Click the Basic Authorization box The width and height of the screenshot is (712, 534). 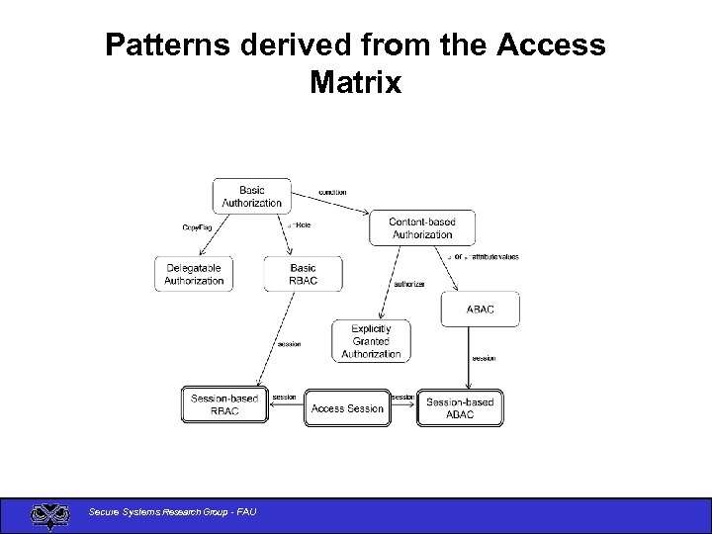(x=251, y=196)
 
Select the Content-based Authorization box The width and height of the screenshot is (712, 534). (x=422, y=228)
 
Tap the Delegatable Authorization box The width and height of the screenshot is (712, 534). (x=194, y=274)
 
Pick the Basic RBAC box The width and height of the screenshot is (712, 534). (x=304, y=274)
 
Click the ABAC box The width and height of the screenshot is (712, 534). (x=481, y=310)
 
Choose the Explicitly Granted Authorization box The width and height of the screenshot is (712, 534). (x=371, y=341)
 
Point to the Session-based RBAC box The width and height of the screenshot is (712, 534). (x=224, y=404)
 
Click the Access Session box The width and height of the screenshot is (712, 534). (x=347, y=407)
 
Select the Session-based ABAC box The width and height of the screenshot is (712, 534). (x=460, y=407)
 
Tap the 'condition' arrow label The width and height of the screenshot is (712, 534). (x=332, y=192)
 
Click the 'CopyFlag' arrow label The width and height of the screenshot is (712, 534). (x=197, y=226)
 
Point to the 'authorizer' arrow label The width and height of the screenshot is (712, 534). (x=409, y=284)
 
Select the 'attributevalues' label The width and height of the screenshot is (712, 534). (x=495, y=257)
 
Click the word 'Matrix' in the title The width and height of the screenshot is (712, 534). (x=355, y=82)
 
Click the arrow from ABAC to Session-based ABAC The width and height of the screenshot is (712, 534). (x=469, y=358)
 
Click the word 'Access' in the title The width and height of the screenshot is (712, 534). (x=552, y=44)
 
